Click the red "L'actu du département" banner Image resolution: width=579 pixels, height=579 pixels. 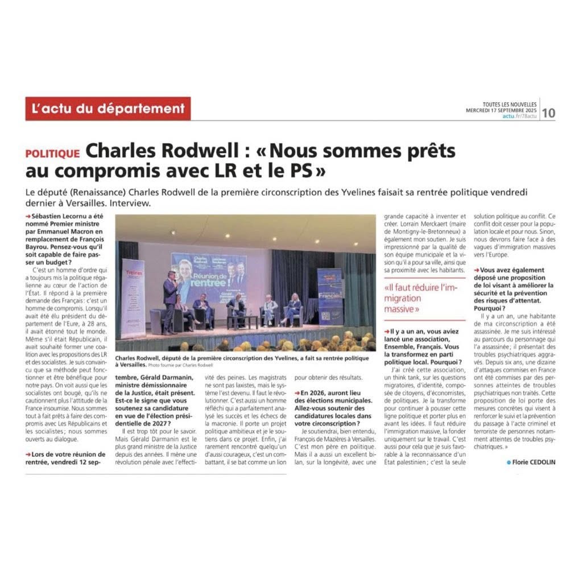(x=107, y=109)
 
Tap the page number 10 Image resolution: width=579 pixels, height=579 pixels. (x=548, y=113)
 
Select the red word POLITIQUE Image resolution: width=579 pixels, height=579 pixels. (x=52, y=154)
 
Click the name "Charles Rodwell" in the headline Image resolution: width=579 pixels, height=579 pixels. (x=155, y=151)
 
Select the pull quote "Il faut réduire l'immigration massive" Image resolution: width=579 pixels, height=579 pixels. (x=409, y=298)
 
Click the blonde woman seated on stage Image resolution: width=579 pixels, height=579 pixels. (x=294, y=308)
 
